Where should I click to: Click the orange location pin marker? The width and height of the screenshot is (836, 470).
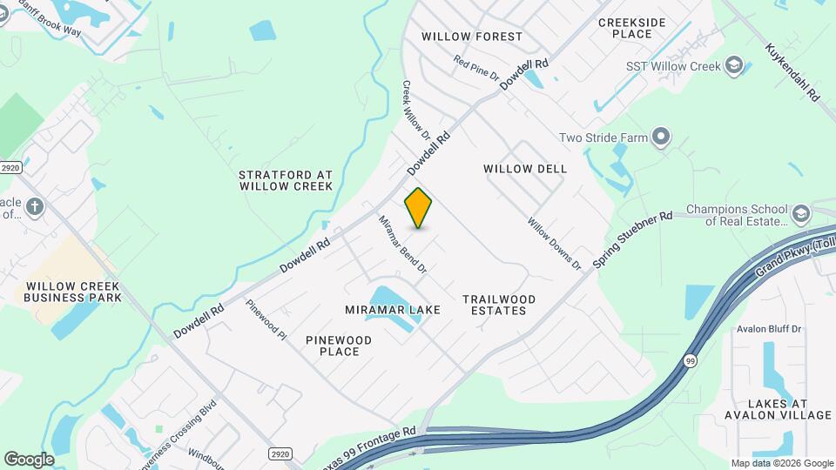tap(418, 207)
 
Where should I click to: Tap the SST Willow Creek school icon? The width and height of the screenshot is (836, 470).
tap(735, 66)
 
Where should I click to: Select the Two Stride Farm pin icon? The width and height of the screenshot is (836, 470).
tap(661, 137)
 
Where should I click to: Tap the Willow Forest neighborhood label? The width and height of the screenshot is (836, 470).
tap(472, 37)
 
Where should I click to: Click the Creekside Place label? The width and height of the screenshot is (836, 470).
tap(632, 28)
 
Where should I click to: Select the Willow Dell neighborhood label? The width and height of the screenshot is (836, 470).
tap(525, 169)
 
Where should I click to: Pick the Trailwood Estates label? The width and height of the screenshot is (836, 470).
tap(499, 305)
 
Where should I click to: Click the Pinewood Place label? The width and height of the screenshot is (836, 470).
tap(339, 346)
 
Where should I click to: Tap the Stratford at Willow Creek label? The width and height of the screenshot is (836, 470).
tap(286, 180)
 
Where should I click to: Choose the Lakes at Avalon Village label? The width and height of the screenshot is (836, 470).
tap(777, 410)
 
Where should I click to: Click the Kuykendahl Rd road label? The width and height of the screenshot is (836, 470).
tap(792, 73)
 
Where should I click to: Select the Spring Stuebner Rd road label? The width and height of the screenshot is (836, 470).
tap(633, 239)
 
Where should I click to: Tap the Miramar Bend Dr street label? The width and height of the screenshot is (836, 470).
tap(402, 245)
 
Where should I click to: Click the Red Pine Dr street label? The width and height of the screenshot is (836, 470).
tap(476, 69)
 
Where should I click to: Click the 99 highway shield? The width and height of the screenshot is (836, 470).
tap(691, 360)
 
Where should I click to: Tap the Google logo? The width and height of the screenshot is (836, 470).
tap(29, 459)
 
